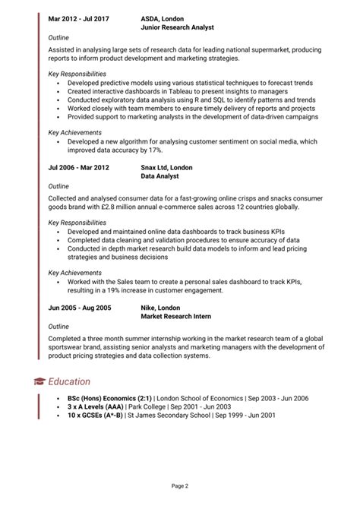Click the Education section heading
pos(69,381)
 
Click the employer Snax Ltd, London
pos(167,167)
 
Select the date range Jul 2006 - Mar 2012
pos(79,167)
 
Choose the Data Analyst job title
pos(160,175)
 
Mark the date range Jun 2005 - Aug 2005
pos(80,308)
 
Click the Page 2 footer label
pos(180,485)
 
